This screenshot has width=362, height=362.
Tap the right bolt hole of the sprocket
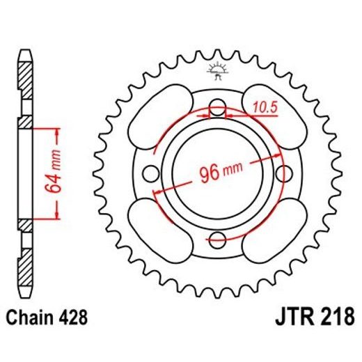[286, 174]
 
